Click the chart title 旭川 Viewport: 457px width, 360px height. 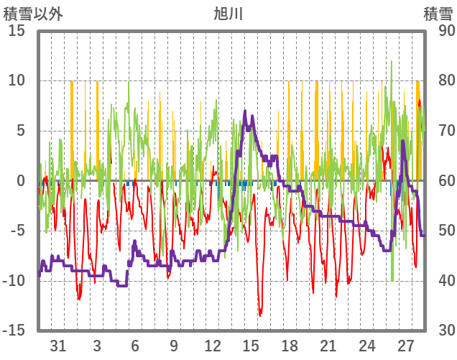[228, 14]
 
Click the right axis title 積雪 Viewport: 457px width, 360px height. [437, 14]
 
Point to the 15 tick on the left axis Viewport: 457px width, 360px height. [17, 32]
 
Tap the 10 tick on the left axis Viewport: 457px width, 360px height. [17, 81]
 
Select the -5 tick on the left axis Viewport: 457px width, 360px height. [17, 231]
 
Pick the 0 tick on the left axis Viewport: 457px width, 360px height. [21, 181]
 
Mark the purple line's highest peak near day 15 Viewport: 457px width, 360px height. [245, 111]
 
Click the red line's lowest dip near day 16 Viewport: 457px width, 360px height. [260, 315]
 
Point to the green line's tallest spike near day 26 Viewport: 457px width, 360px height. [392, 62]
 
